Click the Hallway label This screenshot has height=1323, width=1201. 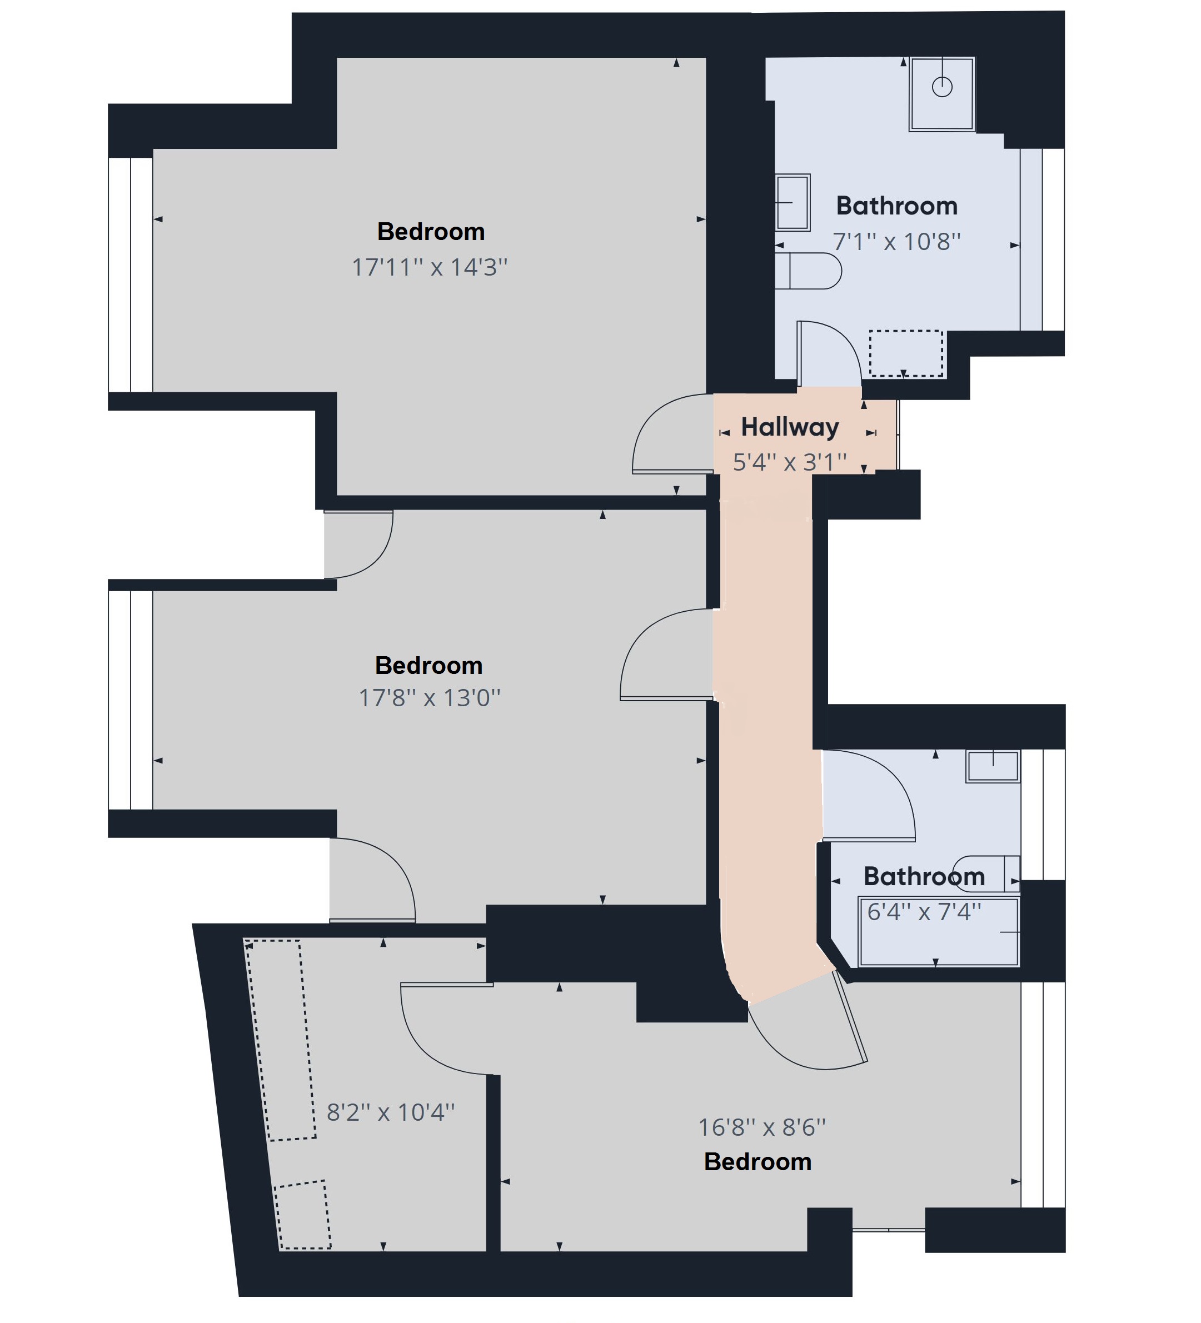click(x=790, y=427)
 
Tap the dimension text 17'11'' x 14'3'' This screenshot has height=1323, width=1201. click(x=430, y=267)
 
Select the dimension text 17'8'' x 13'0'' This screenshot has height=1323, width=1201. click(x=429, y=697)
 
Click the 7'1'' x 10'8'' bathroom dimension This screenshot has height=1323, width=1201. click(x=896, y=242)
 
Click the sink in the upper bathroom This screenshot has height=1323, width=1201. click(x=792, y=203)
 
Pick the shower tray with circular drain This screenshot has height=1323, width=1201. click(x=941, y=94)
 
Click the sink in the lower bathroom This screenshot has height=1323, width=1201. click(x=992, y=766)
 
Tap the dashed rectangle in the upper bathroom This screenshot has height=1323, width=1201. click(x=906, y=353)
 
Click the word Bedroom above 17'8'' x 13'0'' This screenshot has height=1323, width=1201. click(x=428, y=666)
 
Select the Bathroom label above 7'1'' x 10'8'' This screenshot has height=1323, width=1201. click(x=896, y=206)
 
